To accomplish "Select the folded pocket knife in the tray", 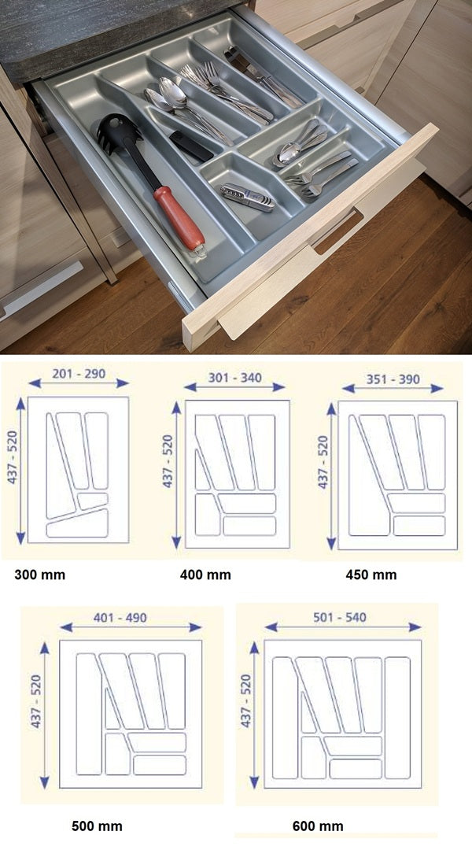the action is point(248,197).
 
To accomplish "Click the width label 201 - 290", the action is point(79,374).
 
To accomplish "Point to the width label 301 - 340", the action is point(234,377).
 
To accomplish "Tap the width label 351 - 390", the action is point(393,379).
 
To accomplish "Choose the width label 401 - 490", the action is point(120,618).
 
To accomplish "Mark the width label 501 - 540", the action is point(340,618).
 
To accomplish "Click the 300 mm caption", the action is point(39,575).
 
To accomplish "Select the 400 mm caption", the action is point(205,575).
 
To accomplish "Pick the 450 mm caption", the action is point(371,575).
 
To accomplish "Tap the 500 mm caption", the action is point(97,826).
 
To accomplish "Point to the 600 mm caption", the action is point(318,826).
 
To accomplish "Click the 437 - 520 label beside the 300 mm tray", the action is point(13,457).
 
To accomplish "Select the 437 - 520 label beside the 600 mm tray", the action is point(246,701).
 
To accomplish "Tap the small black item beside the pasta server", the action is point(191,146).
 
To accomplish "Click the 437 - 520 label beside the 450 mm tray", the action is point(323,462).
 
